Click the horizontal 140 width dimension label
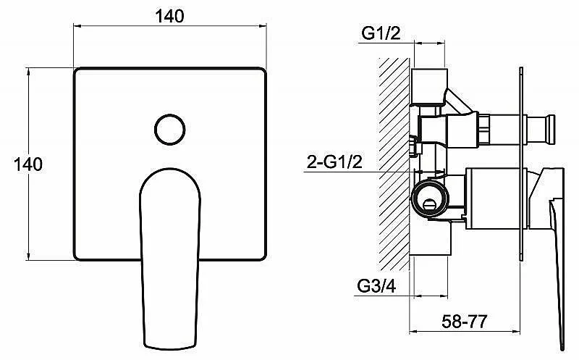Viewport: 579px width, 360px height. [x=169, y=16]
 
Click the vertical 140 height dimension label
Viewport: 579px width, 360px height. [x=28, y=164]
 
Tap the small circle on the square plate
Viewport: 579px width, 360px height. [x=170, y=130]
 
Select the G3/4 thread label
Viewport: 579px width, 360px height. [x=376, y=285]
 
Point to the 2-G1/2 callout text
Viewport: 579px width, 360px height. [x=334, y=162]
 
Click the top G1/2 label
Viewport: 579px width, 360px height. [x=381, y=33]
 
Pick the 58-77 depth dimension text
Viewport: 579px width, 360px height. [x=465, y=321]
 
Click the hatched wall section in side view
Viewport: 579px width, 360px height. [x=394, y=164]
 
